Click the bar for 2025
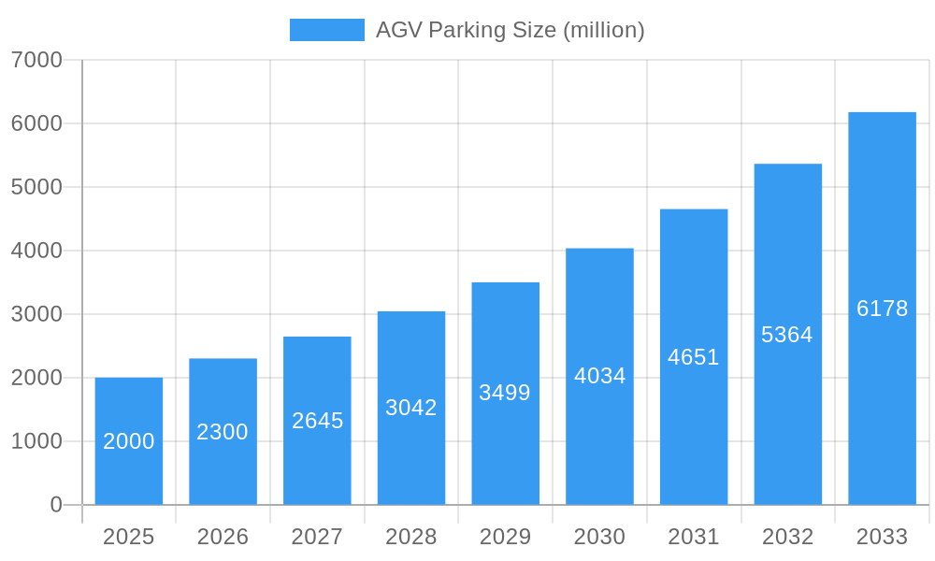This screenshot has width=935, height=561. (129, 441)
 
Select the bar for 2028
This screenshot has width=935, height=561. (411, 408)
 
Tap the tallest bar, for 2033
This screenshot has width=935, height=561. (882, 309)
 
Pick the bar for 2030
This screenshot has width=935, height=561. (599, 376)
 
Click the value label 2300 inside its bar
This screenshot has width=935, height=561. (223, 432)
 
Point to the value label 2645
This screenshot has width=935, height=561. (317, 421)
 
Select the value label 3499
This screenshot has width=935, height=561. (505, 393)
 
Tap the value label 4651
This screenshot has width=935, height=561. (694, 357)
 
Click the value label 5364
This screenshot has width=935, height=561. (787, 335)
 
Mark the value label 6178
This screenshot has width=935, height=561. (882, 309)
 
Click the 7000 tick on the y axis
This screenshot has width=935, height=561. (36, 60)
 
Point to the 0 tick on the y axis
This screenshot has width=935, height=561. (56, 505)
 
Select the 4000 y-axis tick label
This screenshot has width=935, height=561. (36, 251)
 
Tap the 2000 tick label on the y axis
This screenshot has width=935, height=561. (36, 378)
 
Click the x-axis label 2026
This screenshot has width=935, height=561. (223, 537)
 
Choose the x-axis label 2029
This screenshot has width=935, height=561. (505, 537)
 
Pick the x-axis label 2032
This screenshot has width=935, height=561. (787, 537)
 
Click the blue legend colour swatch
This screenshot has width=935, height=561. (326, 30)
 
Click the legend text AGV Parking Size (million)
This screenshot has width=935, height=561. (510, 30)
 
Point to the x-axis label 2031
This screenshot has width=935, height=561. (694, 537)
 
